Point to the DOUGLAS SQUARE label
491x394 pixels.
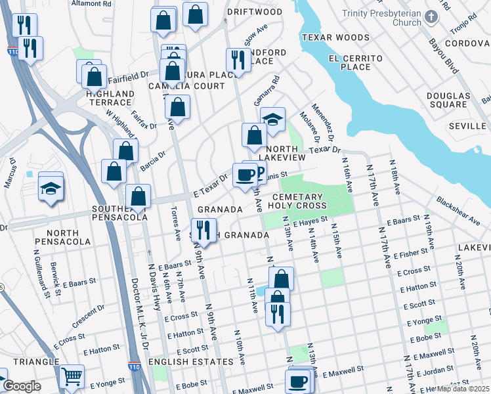(448, 100)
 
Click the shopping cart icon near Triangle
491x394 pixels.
(72, 377)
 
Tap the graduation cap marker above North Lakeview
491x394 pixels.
(272, 120)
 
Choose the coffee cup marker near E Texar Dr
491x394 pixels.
(245, 175)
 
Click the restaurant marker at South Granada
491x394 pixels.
(203, 230)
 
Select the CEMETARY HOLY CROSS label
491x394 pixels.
(297, 201)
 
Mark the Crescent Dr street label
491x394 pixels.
(88, 318)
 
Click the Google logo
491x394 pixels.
(21, 386)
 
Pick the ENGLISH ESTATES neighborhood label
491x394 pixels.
(191, 362)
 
